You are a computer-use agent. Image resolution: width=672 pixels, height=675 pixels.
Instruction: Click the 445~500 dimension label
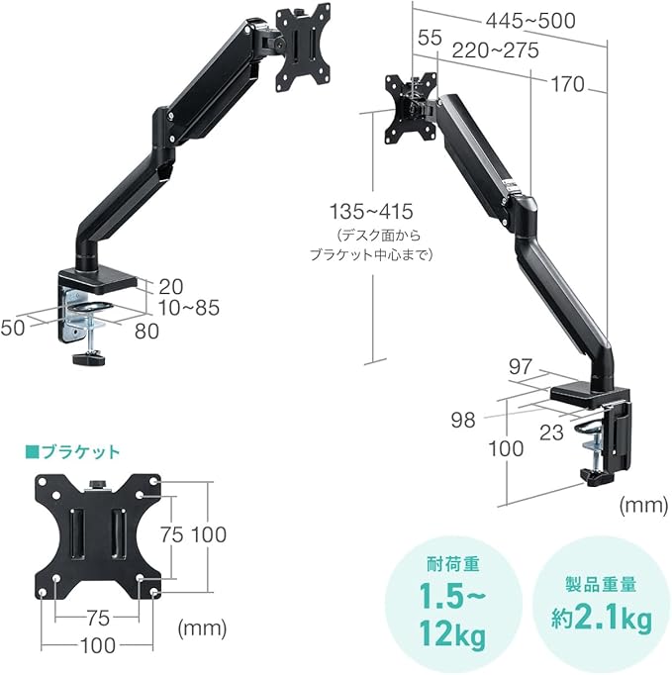(x=530, y=21)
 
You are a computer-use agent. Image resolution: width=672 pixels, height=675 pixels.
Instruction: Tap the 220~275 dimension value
(x=495, y=50)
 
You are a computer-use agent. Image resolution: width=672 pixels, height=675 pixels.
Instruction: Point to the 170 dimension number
(x=567, y=84)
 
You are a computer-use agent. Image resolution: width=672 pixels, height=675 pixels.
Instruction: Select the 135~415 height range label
(x=371, y=212)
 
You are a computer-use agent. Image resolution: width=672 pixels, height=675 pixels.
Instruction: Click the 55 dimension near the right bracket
(x=431, y=38)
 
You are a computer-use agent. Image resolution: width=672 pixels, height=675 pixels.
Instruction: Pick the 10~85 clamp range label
(x=189, y=308)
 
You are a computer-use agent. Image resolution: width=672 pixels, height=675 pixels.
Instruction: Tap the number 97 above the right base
(x=521, y=367)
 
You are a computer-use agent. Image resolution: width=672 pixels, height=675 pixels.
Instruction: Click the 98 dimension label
(x=463, y=421)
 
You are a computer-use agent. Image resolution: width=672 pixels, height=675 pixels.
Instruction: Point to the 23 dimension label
(x=551, y=433)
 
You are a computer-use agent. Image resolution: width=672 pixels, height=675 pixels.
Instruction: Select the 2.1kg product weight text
(x=613, y=620)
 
